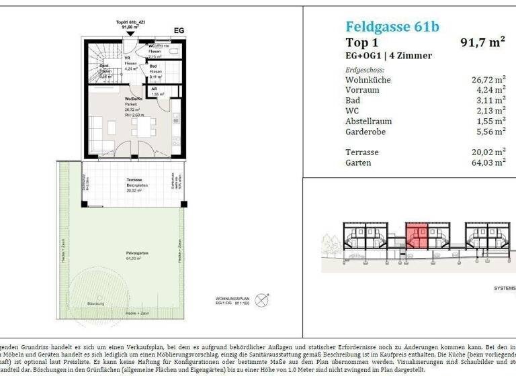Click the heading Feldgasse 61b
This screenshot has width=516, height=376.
[392, 27]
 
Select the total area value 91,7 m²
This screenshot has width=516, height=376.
[482, 43]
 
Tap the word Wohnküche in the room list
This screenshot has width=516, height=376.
[368, 79]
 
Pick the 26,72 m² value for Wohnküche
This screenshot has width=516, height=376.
[488, 79]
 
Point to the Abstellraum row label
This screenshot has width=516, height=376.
[368, 121]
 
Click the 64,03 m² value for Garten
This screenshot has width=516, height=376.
[488, 162]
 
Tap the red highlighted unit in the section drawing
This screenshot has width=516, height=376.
[416, 238]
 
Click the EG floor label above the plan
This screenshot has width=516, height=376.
[179, 30]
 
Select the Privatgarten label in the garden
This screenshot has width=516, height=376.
[136, 253]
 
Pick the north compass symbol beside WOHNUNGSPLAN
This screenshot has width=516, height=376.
[262, 296]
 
